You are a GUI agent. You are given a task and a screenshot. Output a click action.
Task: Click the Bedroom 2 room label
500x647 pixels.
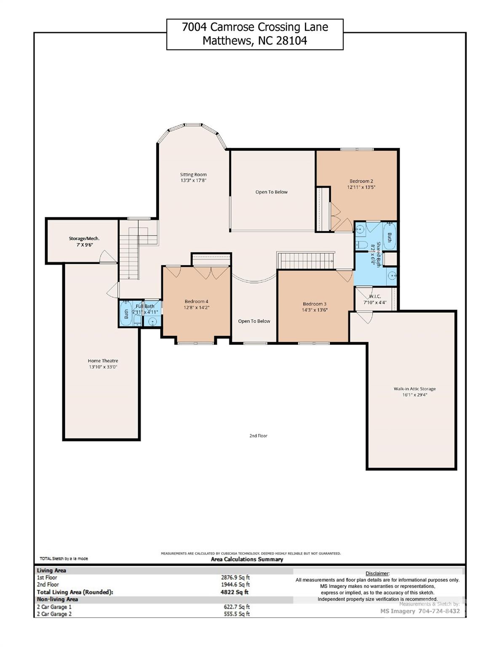(x=361, y=181)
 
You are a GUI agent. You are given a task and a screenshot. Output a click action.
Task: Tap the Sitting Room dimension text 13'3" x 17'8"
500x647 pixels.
(x=193, y=180)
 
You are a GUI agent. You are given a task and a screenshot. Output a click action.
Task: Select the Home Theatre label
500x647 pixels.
(x=103, y=361)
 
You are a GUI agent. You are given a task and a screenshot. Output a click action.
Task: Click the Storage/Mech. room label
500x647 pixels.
(x=84, y=238)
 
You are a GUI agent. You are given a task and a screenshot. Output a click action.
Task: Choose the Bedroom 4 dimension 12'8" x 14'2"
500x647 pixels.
(x=197, y=307)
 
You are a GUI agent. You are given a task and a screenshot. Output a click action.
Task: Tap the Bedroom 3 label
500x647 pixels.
(x=314, y=304)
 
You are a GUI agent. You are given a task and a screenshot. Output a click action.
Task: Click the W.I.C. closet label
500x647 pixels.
(x=374, y=297)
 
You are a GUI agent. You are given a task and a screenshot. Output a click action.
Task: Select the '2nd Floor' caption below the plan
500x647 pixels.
(x=258, y=436)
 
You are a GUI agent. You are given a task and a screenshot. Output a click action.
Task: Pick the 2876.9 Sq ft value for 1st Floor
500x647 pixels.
(x=235, y=577)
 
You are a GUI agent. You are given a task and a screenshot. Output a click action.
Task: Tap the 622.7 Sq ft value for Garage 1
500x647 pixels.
(x=237, y=607)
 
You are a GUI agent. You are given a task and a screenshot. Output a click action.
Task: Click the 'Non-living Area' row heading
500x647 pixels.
(x=57, y=599)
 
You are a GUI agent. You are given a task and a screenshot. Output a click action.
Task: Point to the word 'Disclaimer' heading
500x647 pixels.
(x=377, y=573)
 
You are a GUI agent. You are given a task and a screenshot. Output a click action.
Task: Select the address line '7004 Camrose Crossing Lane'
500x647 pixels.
(x=255, y=27)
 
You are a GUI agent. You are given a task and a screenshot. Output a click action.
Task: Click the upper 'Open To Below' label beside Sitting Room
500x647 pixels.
(x=271, y=192)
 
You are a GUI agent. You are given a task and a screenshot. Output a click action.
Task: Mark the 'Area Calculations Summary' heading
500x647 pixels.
(x=247, y=559)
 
